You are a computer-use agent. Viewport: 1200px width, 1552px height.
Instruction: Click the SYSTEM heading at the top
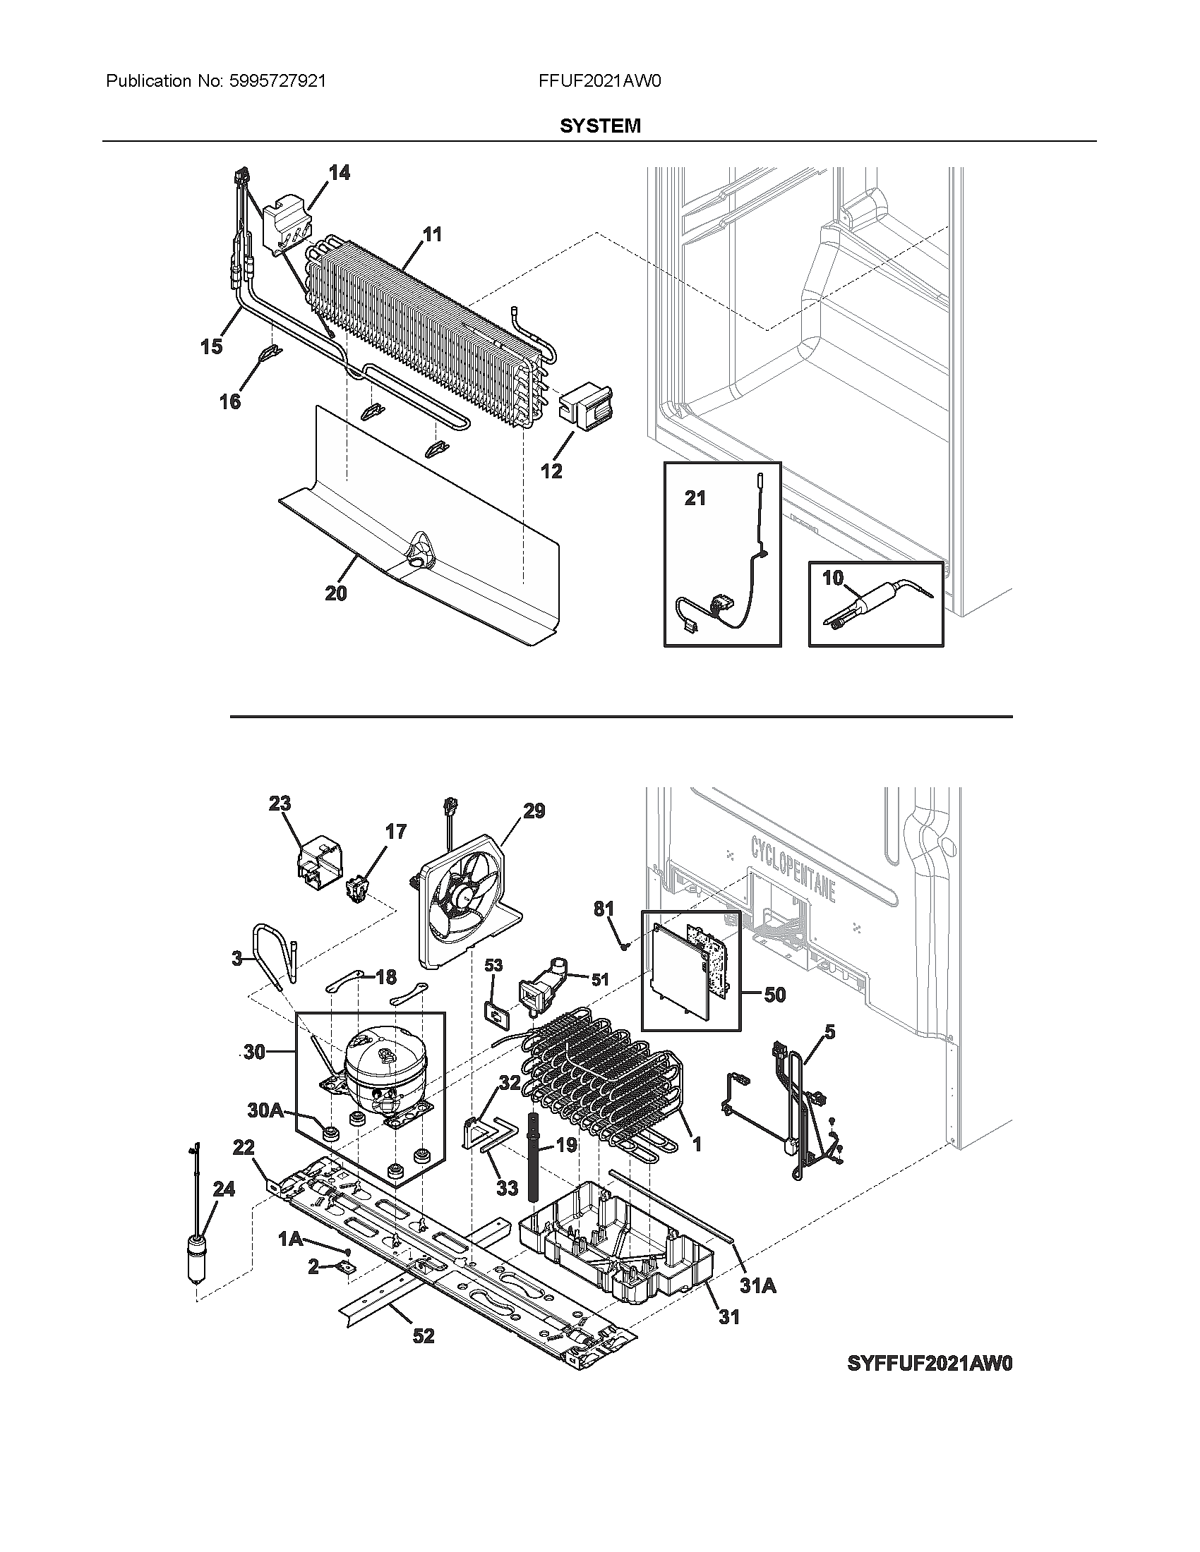point(600,126)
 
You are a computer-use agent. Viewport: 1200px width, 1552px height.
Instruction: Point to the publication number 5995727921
point(277,81)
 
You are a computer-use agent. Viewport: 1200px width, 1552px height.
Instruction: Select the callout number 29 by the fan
point(534,810)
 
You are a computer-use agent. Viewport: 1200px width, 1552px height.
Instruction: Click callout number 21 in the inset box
point(695,499)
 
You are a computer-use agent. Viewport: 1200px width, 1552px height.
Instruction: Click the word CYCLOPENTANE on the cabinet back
point(793,868)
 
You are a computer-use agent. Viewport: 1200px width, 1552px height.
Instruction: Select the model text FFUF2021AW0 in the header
point(600,81)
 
